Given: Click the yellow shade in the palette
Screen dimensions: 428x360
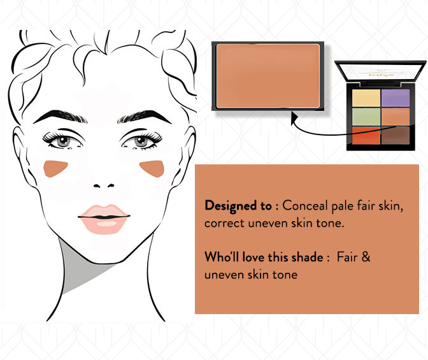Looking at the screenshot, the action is coord(366,98).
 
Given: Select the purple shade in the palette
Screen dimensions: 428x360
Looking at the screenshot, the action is coord(396,98).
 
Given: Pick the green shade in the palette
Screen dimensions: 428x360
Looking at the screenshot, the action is coord(366,117).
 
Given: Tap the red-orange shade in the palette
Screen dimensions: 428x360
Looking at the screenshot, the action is coord(366,136).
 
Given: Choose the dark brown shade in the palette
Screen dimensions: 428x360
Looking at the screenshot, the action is coord(396,136).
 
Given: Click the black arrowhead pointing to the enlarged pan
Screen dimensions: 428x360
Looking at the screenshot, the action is coord(294,119).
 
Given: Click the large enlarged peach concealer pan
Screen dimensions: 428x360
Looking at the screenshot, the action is coord(267,76).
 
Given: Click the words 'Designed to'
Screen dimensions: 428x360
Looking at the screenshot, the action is coord(238,205).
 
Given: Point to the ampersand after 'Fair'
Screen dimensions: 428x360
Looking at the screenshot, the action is coord(366,257).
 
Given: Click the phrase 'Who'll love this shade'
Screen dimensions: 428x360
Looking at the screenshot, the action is coord(264,257).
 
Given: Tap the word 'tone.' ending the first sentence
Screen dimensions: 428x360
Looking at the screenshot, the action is coord(330,223).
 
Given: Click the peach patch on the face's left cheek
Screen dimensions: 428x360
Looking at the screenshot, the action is coord(54,168).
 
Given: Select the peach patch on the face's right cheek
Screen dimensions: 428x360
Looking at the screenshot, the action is coord(153,168).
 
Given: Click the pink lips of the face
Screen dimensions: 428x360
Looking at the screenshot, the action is coord(104,219).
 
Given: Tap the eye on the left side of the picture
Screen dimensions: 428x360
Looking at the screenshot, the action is coord(63,141).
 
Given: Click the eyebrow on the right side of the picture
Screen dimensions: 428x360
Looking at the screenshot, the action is coord(144,117).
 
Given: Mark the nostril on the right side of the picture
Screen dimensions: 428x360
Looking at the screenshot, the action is coord(111,185).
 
